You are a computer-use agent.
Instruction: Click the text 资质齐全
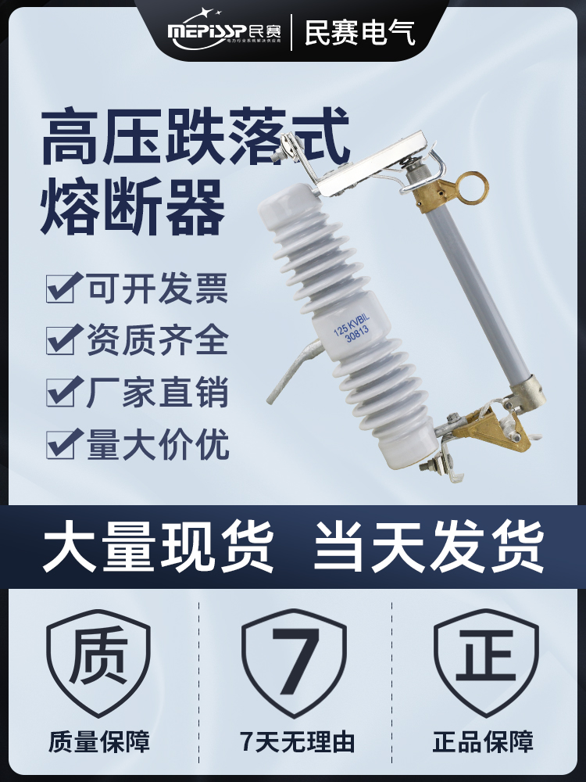[x=157, y=341]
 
